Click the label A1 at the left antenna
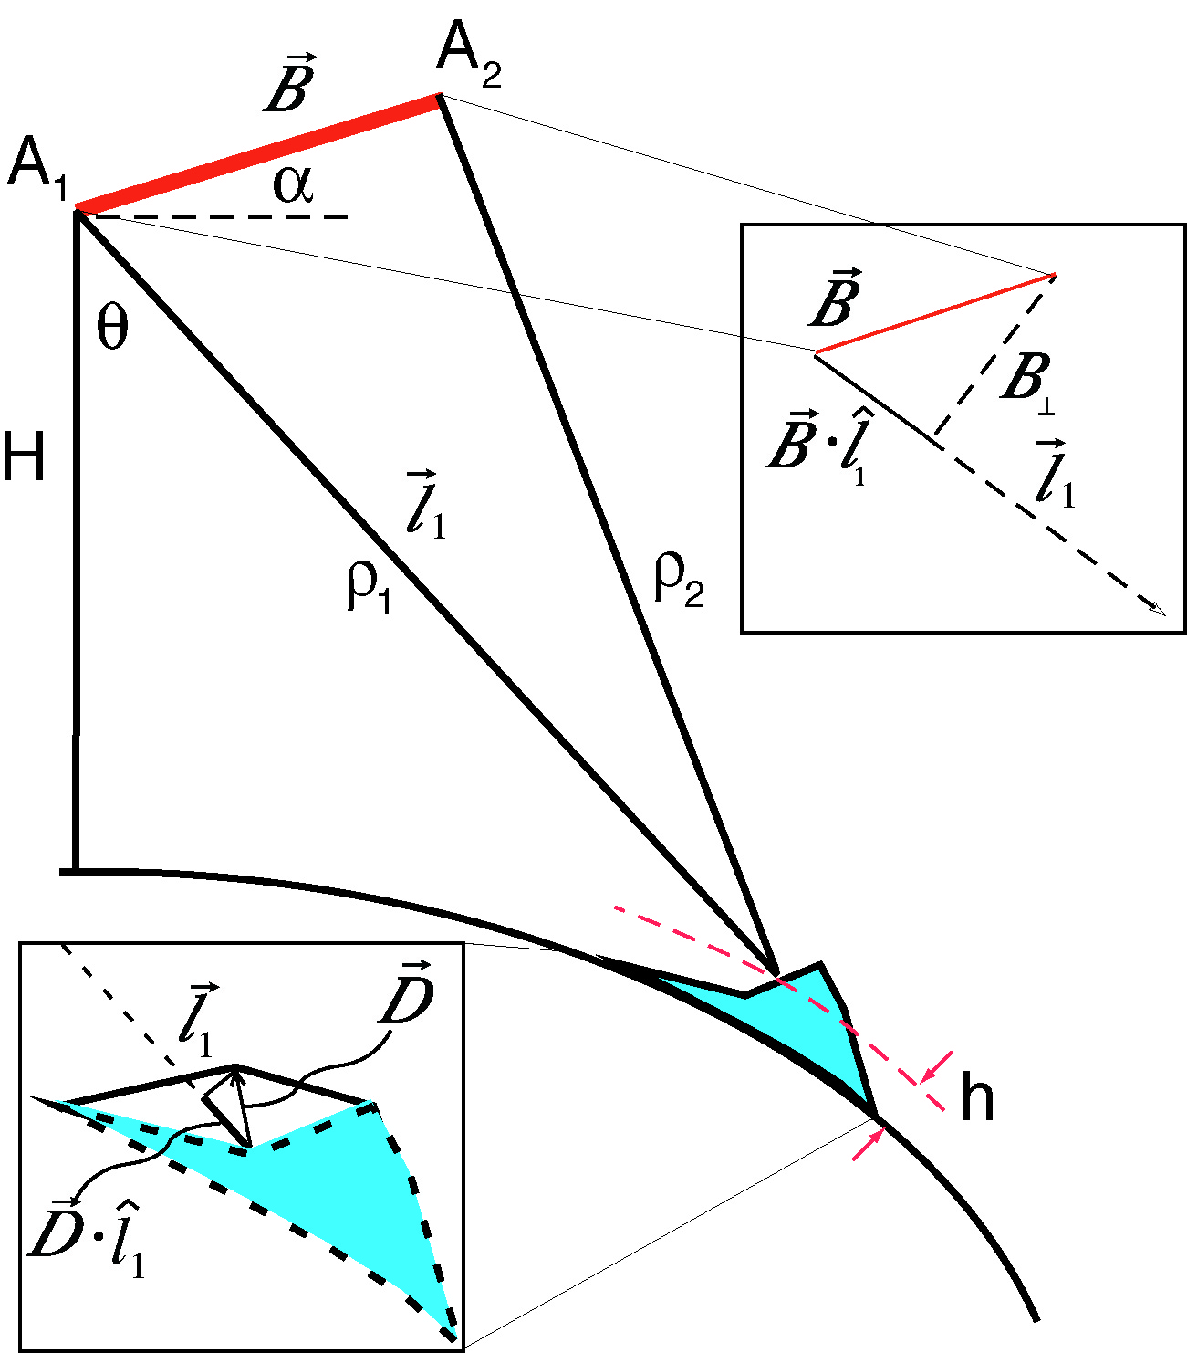pos(37,168)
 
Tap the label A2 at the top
pos(468,59)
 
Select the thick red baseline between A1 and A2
pos(258,153)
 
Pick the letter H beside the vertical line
pos(24,456)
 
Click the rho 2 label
pos(679,581)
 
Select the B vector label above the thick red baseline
pos(290,86)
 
